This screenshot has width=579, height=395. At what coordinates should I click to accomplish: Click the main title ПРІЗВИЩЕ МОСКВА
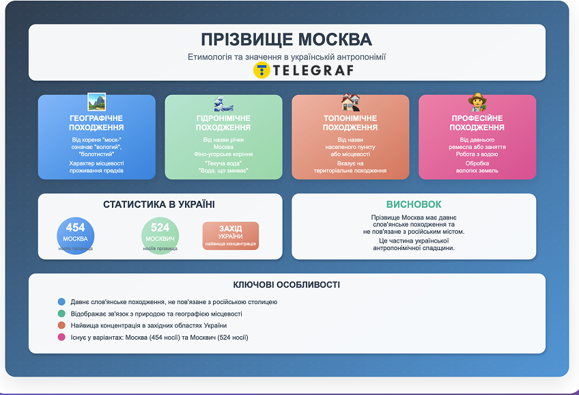(x=287, y=39)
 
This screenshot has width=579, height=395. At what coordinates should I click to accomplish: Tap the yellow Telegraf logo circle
(x=262, y=70)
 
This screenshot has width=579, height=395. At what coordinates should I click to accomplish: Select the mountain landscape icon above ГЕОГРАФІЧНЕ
(x=96, y=103)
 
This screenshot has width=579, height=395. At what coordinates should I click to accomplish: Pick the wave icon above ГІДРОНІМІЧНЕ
(x=223, y=103)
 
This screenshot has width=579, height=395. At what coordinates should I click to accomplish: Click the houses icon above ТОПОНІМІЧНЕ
(x=350, y=103)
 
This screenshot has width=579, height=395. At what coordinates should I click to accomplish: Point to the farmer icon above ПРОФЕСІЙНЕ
(x=477, y=103)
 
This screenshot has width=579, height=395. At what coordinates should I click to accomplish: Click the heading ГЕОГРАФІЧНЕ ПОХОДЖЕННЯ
(x=96, y=123)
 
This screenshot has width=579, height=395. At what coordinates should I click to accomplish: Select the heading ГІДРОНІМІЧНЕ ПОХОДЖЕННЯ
(x=223, y=123)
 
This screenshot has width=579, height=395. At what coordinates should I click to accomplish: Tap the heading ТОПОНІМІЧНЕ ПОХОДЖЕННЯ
(x=350, y=123)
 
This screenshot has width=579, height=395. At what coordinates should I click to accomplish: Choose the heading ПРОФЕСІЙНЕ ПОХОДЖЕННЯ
(x=477, y=123)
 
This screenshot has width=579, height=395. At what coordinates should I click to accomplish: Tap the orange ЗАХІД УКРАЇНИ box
(x=230, y=235)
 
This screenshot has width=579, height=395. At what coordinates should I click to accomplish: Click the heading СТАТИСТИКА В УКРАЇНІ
(x=159, y=204)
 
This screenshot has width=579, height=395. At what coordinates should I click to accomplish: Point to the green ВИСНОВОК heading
(x=413, y=204)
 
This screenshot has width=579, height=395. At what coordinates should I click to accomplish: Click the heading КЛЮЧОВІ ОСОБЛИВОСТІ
(x=287, y=285)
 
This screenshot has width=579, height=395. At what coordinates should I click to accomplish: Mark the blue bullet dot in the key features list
(x=61, y=302)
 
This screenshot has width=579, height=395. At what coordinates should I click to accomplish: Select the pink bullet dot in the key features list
(x=61, y=338)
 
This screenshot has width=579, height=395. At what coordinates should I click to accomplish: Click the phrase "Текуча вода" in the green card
(x=223, y=163)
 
